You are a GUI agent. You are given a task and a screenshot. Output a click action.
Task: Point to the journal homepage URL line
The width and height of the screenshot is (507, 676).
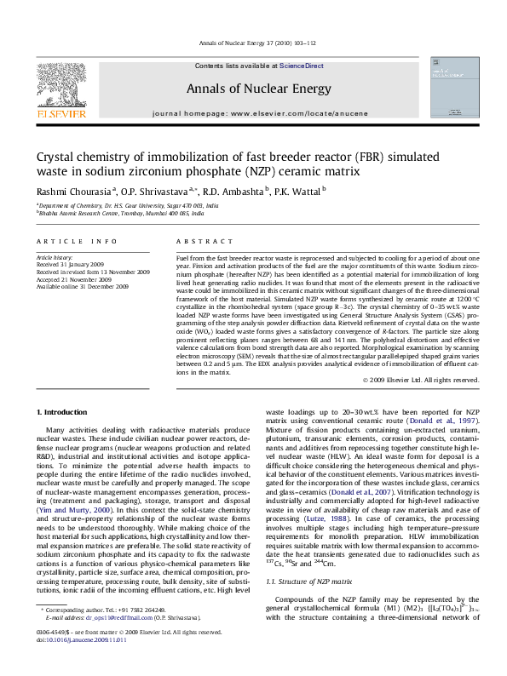260,112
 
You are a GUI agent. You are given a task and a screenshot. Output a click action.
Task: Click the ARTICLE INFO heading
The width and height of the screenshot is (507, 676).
76,242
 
